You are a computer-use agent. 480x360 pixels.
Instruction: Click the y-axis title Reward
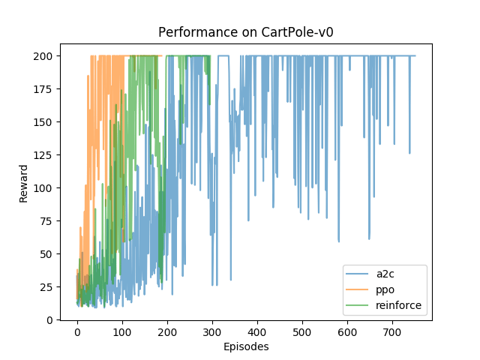click(x=25, y=183)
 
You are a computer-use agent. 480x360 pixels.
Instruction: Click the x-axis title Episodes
click(x=246, y=347)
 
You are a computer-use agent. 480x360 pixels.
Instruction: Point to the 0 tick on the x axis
click(x=77, y=331)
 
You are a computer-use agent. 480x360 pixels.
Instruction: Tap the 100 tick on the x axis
click(x=122, y=331)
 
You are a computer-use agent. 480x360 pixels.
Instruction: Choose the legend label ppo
click(x=387, y=290)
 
